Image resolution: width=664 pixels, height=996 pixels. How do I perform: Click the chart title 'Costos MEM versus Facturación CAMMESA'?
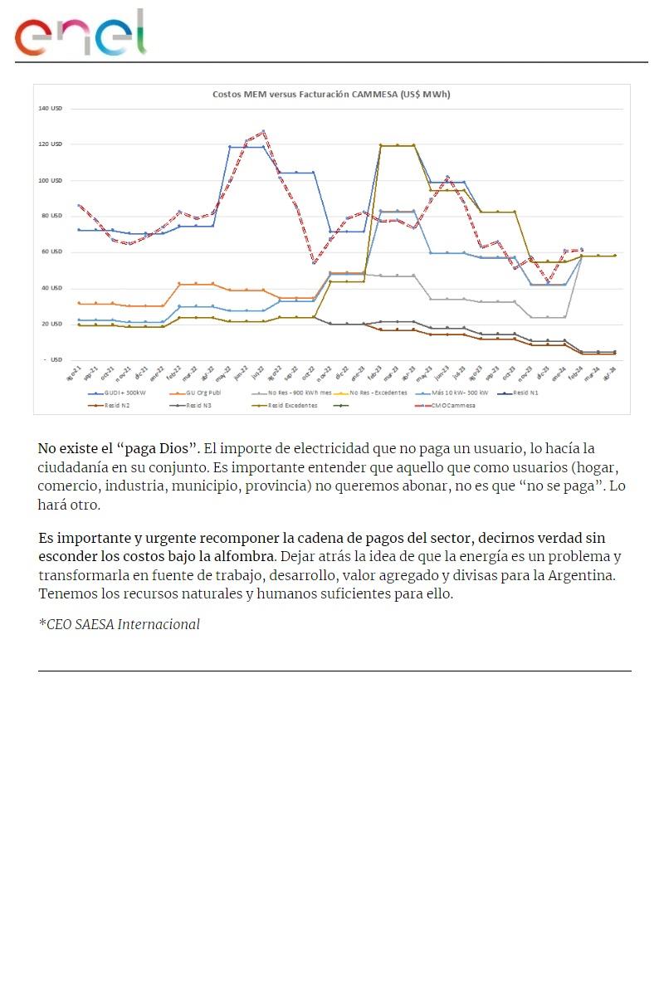point(331,95)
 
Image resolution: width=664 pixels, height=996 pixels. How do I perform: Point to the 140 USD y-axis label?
point(51,109)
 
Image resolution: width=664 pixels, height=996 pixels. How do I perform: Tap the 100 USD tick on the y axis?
point(51,180)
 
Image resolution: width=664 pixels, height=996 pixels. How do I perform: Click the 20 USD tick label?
point(52,324)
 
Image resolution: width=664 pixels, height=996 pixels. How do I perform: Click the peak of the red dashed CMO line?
point(263,131)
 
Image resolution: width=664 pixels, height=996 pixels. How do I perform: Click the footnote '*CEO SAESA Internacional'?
point(119,624)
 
